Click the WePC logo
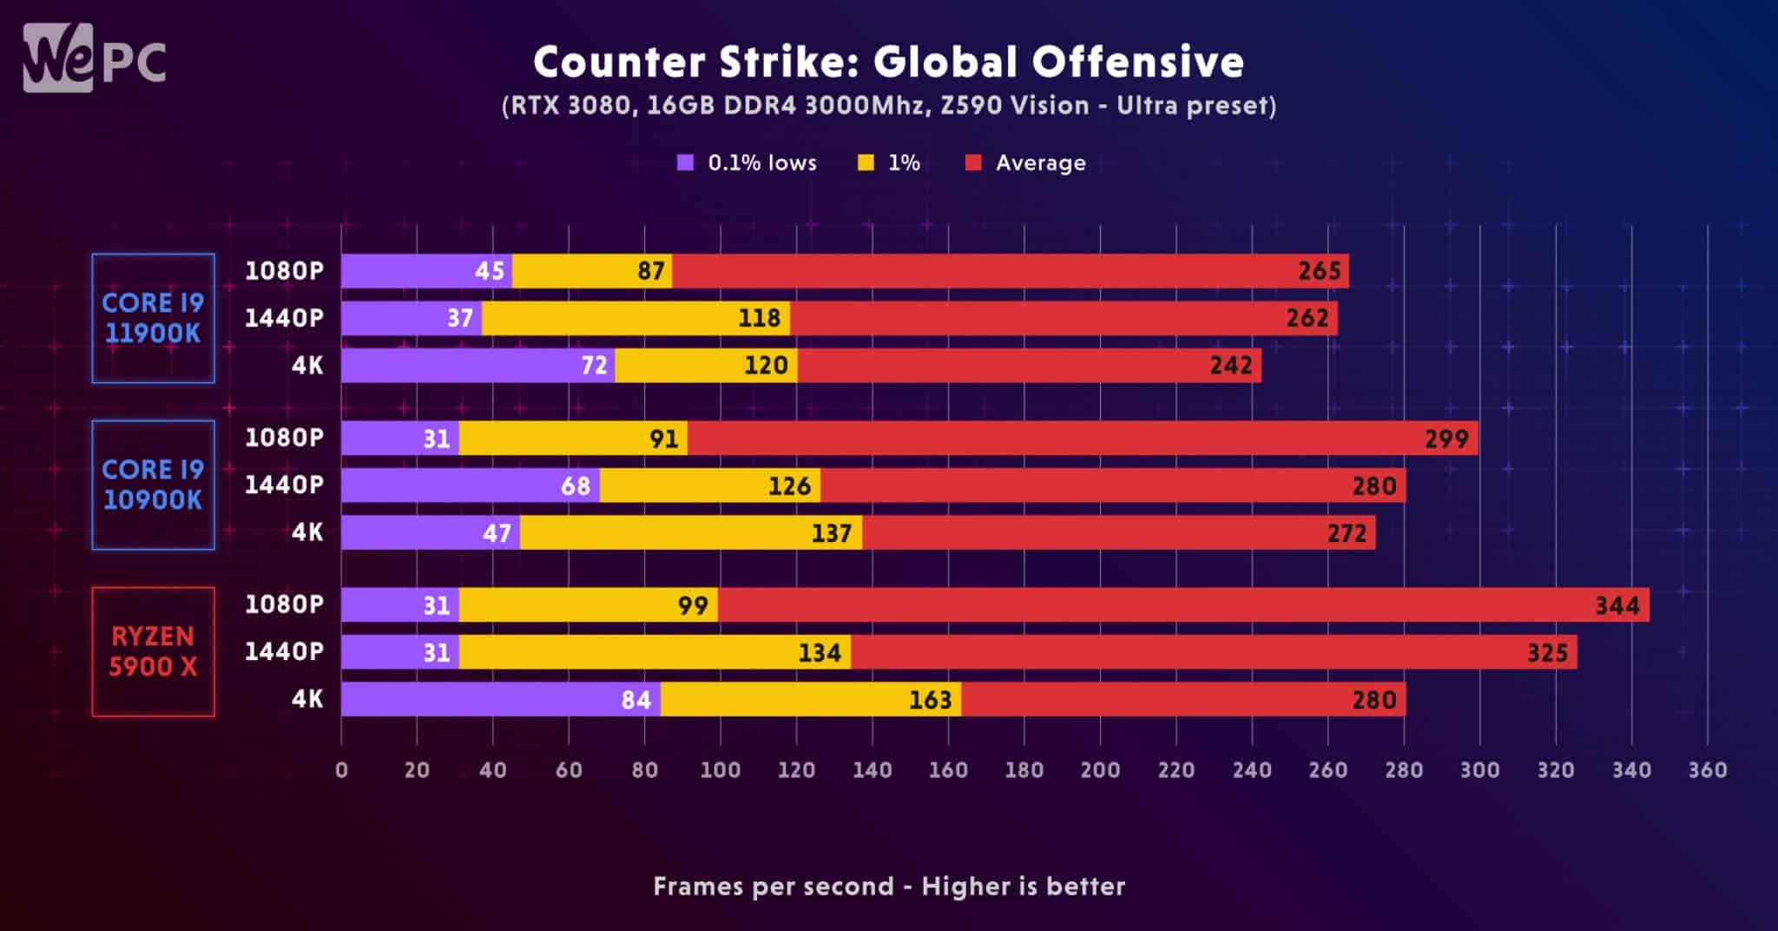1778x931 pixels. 94,59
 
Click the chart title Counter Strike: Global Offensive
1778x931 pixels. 888,63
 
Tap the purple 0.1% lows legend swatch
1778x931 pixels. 686,163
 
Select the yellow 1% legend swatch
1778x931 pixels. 866,163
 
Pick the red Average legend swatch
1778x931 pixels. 973,163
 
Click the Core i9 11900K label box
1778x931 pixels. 153,318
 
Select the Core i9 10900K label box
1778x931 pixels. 153,485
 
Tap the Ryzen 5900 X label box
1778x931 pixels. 153,651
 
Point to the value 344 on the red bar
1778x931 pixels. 1617,605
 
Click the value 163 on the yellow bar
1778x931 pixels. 930,700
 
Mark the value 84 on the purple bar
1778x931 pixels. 636,700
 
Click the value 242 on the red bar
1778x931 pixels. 1231,366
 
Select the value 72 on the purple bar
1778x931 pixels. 594,366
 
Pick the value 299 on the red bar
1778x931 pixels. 1446,439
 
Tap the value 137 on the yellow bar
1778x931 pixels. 831,533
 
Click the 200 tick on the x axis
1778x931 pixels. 1100,770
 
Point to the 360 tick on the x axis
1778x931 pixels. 1707,770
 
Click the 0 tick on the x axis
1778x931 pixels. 341,770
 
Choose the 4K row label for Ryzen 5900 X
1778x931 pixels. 307,699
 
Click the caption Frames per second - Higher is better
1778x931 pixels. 889,887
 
